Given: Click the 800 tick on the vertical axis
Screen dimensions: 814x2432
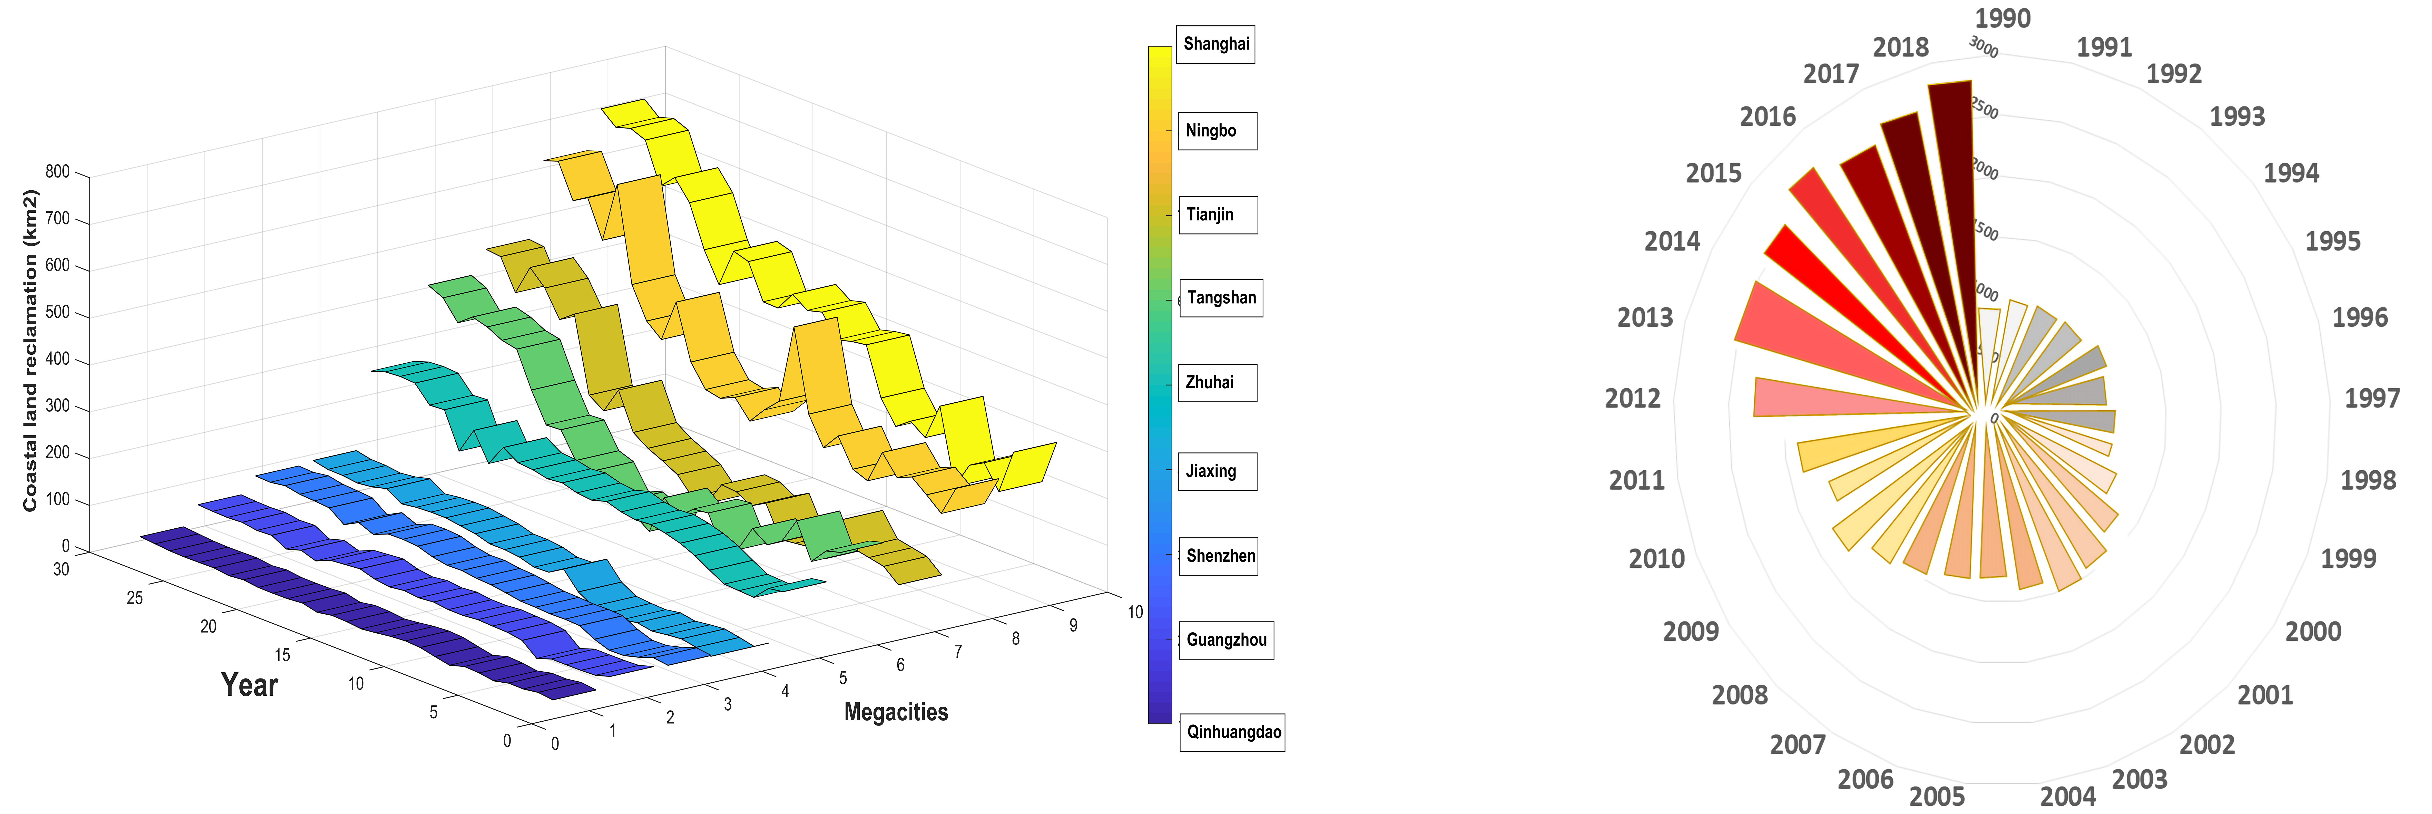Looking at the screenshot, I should (57, 172).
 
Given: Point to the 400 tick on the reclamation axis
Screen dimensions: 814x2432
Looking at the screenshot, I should (57, 359).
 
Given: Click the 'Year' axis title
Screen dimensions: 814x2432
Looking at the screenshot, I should (249, 685).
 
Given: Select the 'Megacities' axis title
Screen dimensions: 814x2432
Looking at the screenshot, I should (895, 712).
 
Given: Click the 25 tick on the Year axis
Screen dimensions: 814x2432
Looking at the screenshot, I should (135, 598).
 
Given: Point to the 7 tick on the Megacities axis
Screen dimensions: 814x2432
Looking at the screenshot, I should (958, 652).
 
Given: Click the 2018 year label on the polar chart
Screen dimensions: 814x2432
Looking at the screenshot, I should (1900, 47).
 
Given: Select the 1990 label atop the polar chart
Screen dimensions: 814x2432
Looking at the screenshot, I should (2003, 18).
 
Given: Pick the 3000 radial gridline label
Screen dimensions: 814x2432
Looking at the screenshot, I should (1984, 47).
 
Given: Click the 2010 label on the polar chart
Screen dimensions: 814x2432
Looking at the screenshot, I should (1656, 559).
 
